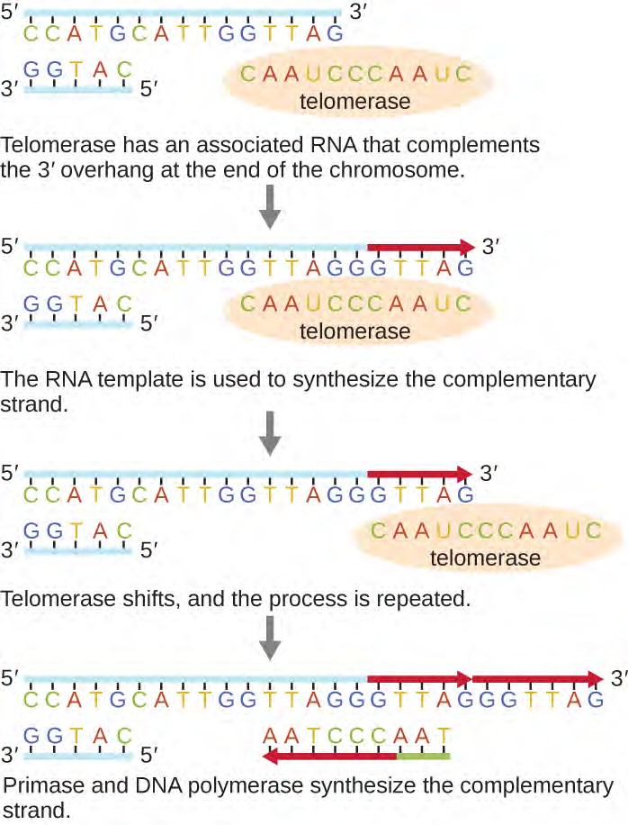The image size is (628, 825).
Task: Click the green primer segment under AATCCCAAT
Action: pyautogui.click(x=421, y=756)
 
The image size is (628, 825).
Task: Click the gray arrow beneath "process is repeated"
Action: pyautogui.click(x=270, y=639)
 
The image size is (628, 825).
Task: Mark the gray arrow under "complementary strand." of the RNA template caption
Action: pyautogui.click(x=270, y=438)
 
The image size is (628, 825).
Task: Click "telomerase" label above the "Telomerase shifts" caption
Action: pyautogui.click(x=485, y=558)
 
